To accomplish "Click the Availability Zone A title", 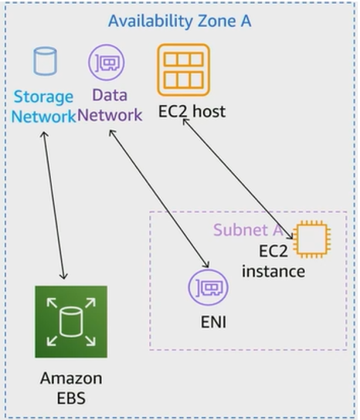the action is (179, 21).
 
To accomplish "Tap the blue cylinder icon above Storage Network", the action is (45, 61).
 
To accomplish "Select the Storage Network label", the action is (43, 107).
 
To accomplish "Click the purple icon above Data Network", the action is (107, 63).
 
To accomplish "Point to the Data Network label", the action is (110, 105).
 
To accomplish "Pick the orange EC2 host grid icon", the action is (183, 70).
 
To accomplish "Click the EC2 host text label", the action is (192, 111).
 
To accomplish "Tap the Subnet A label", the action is (248, 229).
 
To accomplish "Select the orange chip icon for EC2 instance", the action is (311, 239).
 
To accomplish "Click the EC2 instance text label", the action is (273, 261).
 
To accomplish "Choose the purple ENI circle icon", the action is (209, 287).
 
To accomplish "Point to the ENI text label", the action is (213, 322).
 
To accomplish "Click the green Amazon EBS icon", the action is (71, 322).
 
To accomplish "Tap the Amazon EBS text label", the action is (71, 388).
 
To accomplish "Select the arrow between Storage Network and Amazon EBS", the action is (54, 205).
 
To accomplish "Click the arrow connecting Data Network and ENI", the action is (159, 198).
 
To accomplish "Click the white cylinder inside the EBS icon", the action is (71, 322).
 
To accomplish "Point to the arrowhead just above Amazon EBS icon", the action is (63, 276).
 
